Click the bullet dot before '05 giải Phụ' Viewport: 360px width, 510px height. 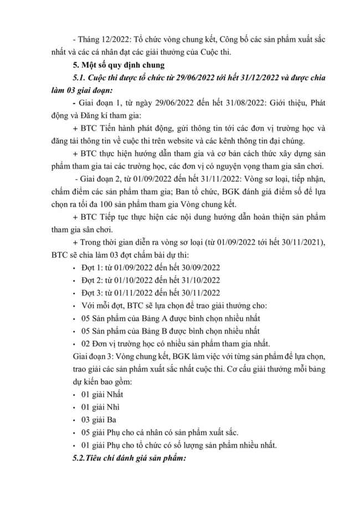point(75,432)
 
